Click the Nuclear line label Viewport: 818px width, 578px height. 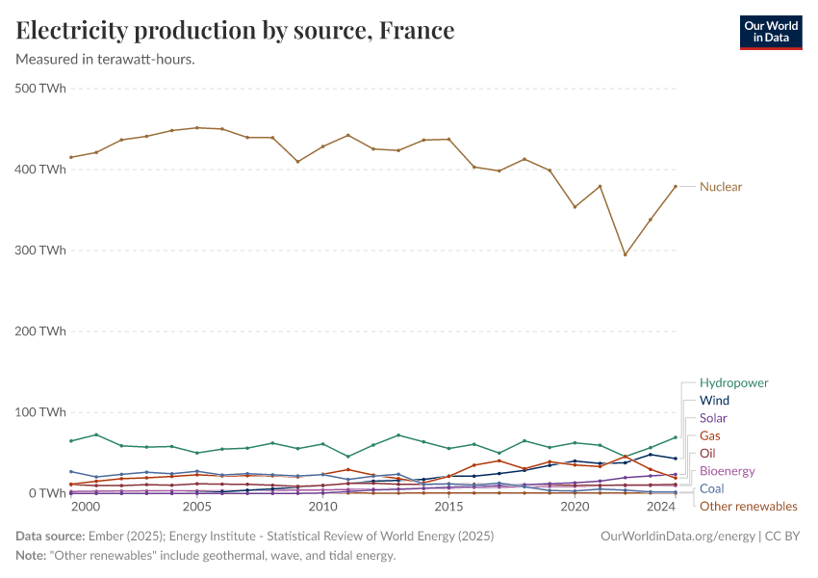[x=720, y=187]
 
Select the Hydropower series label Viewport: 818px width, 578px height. [x=733, y=382]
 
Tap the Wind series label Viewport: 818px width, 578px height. [x=714, y=401]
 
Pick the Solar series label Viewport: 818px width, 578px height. [x=713, y=418]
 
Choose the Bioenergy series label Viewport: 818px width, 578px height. [x=727, y=471]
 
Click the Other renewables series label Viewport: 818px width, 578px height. [x=748, y=506]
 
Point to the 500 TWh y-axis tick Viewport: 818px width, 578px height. [x=40, y=89]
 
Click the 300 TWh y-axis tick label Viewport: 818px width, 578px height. [x=40, y=250]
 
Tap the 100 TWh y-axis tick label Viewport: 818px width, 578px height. [x=40, y=412]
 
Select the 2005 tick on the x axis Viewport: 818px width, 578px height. [x=197, y=507]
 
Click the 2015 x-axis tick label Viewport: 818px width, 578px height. [x=448, y=507]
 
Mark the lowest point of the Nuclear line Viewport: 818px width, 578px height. [x=625, y=254]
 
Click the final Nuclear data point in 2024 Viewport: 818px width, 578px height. [x=675, y=186]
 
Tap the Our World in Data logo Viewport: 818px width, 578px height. [x=770, y=32]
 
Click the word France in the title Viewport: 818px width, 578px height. [x=416, y=31]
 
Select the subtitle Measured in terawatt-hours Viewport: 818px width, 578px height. [x=106, y=60]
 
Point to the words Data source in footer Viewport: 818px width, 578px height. [x=49, y=535]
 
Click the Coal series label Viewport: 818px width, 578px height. [x=712, y=488]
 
